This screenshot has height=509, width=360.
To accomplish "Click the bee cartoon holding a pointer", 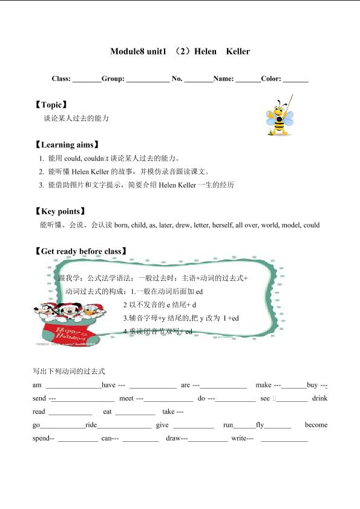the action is [x=280, y=115].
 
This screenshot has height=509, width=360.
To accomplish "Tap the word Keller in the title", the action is [x=238, y=51].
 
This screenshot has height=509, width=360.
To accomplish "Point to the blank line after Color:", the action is [x=296, y=79].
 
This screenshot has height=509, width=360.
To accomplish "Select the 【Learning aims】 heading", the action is [x=67, y=145].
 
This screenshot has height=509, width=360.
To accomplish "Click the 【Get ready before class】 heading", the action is [x=81, y=251].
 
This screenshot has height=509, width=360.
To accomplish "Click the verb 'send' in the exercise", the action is [x=39, y=398].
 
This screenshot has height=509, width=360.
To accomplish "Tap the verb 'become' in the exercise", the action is [x=316, y=425].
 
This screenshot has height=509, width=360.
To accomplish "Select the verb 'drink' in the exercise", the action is [x=319, y=398].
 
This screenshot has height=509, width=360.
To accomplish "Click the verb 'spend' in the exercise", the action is [x=42, y=438].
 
